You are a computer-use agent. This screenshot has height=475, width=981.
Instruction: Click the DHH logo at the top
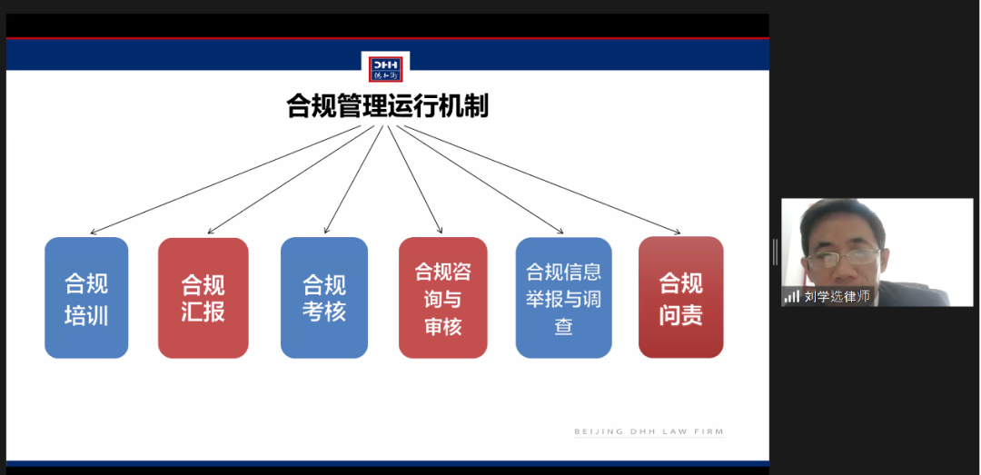pyautogui.click(x=385, y=69)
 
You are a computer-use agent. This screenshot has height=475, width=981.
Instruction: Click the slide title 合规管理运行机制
pyautogui.click(x=388, y=106)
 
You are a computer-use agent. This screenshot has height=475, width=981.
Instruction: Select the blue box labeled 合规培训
pyautogui.click(x=86, y=298)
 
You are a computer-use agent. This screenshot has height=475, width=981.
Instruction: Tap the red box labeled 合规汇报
pyautogui.click(x=203, y=298)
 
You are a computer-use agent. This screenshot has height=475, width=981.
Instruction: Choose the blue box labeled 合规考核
pyautogui.click(x=323, y=298)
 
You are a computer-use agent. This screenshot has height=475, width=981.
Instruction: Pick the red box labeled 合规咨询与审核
pyautogui.click(x=442, y=298)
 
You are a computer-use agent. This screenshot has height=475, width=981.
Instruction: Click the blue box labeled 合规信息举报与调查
pyautogui.click(x=563, y=298)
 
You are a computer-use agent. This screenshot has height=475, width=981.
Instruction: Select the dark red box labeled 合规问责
pyautogui.click(x=680, y=298)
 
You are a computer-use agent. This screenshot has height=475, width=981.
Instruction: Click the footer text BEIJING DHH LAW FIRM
pyautogui.click(x=649, y=431)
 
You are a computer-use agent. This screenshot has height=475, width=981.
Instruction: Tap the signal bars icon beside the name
pyautogui.click(x=792, y=297)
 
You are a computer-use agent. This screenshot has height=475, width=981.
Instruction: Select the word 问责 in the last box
pyautogui.click(x=680, y=313)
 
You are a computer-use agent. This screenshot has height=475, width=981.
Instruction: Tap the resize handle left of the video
pyautogui.click(x=775, y=252)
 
